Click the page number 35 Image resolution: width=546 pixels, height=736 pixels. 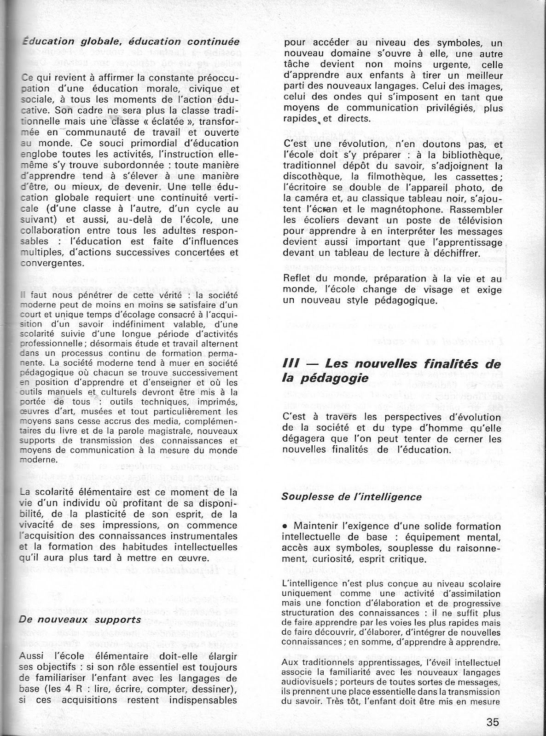coord(492,721)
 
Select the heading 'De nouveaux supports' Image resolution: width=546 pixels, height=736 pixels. coord(80,619)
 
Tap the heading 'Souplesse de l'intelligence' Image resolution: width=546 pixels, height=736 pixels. coord(352,497)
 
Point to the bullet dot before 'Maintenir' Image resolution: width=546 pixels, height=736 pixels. coord(286,526)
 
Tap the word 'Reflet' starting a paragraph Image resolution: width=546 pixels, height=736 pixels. coord(298,278)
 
